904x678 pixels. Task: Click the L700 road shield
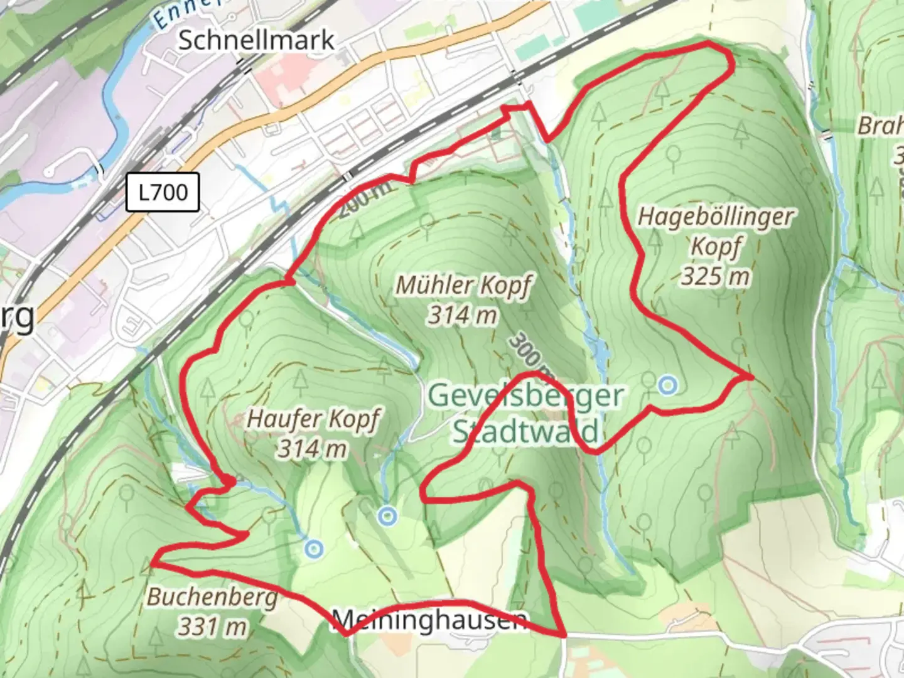tap(163, 192)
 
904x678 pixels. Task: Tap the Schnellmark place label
tap(256, 40)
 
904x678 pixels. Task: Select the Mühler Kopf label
tap(463, 286)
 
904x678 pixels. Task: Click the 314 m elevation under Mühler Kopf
tap(463, 315)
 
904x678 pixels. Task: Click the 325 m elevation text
tap(716, 276)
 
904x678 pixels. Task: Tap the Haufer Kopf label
tap(313, 419)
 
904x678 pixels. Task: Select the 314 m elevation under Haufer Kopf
tap(313, 448)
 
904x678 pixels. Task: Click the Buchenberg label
tap(212, 596)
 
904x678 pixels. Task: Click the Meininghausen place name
tap(430, 620)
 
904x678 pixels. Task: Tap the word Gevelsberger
tap(526, 396)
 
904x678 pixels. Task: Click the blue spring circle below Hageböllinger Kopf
tap(669, 385)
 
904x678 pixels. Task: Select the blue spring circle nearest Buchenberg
tap(314, 550)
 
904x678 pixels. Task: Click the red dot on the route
tap(230, 481)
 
